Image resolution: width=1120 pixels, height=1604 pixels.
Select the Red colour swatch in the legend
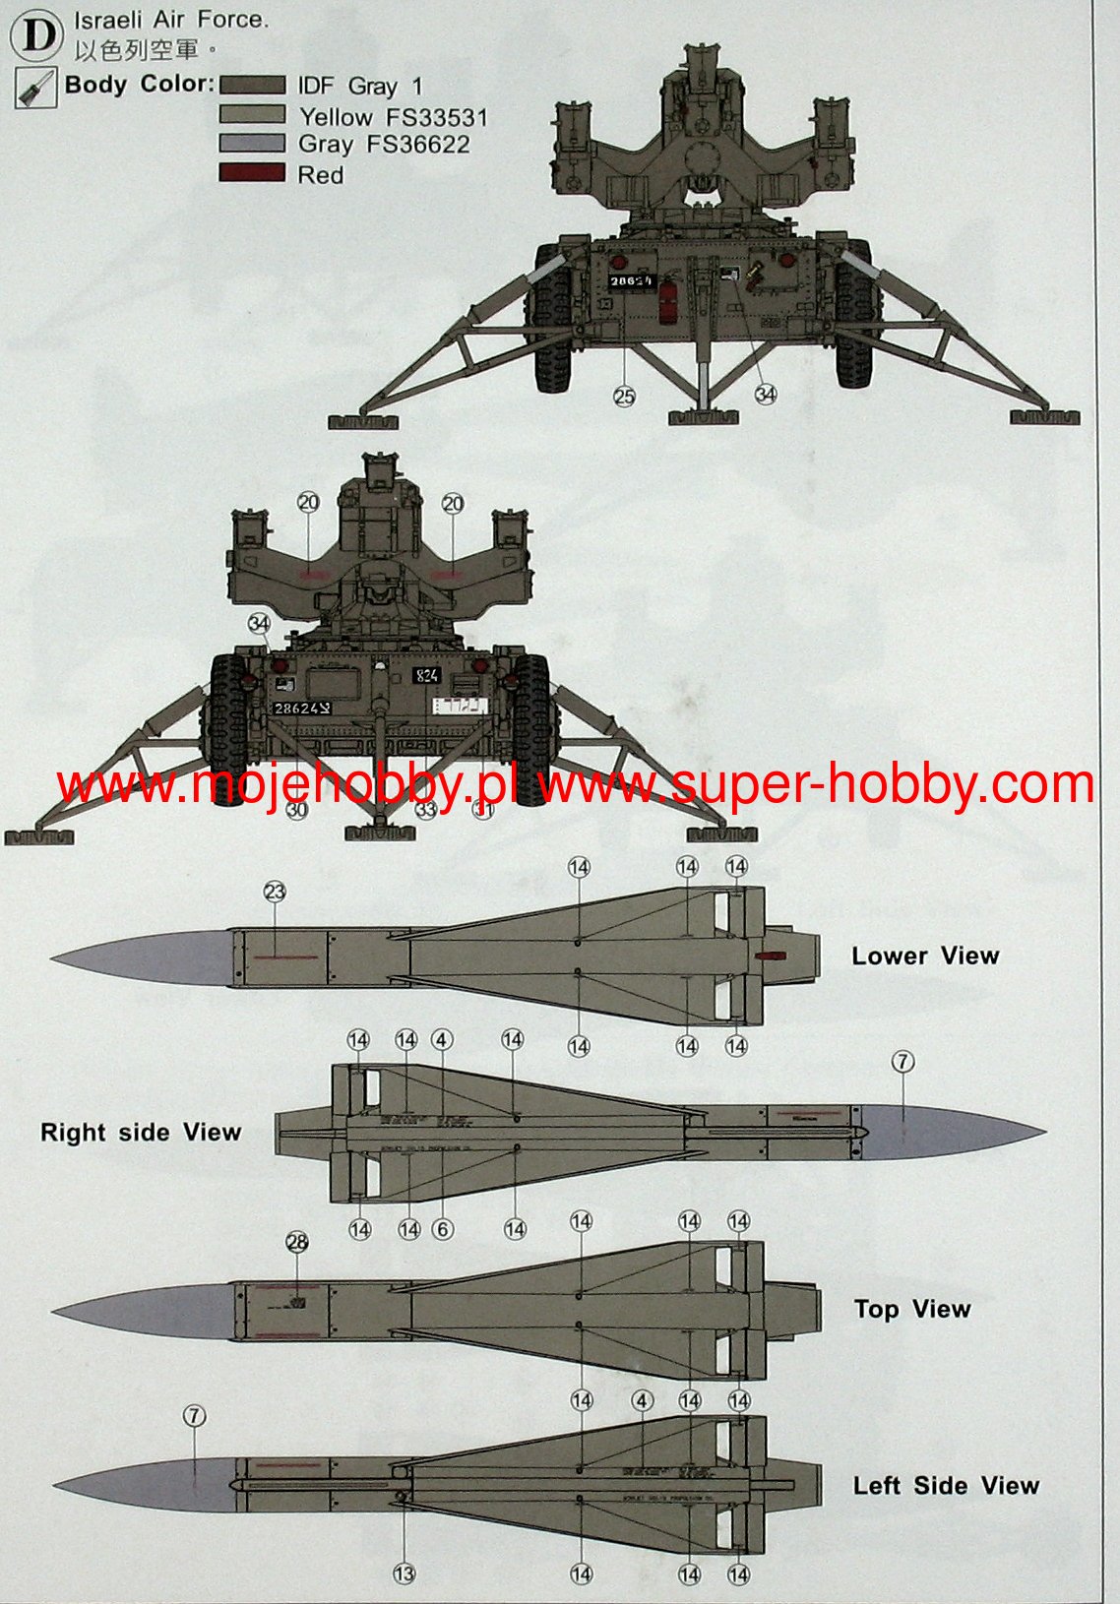(x=252, y=174)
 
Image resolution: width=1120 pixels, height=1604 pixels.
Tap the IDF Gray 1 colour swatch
(x=252, y=87)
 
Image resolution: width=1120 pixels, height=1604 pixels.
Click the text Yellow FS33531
(x=393, y=117)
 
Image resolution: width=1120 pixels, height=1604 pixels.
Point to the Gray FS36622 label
(x=384, y=145)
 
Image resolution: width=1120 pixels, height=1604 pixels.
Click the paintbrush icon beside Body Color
(x=35, y=89)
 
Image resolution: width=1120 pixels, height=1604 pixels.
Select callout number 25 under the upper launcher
(x=625, y=397)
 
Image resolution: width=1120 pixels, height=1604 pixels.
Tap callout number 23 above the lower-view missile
(x=275, y=892)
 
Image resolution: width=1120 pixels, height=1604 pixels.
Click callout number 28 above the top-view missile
(x=297, y=1243)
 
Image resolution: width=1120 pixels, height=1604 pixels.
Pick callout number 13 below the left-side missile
(x=404, y=1573)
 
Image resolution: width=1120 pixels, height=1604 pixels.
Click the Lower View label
(x=925, y=956)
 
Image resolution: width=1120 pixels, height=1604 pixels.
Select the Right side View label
(x=141, y=1133)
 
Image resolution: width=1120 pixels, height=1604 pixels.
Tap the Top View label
(x=912, y=1309)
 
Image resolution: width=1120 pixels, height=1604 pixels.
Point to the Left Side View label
(x=946, y=1486)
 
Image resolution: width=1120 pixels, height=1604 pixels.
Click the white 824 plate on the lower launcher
(x=427, y=676)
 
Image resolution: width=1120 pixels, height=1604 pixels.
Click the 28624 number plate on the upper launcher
(x=630, y=281)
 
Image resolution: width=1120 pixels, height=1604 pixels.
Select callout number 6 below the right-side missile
(x=443, y=1229)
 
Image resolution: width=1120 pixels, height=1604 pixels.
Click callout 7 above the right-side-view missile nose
(x=902, y=1062)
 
